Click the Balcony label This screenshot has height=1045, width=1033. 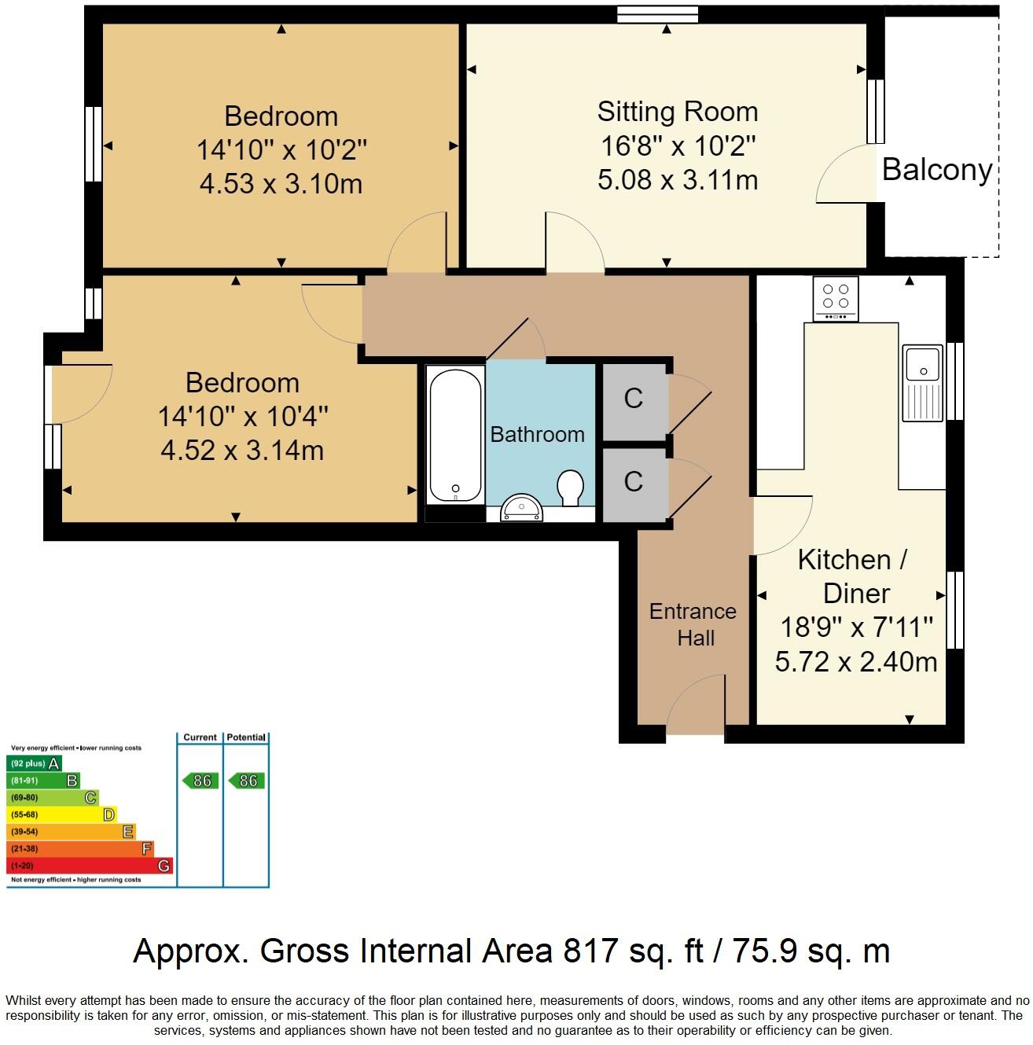[936, 169]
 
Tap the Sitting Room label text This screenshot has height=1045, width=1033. [677, 112]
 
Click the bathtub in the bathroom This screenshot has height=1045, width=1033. [455, 433]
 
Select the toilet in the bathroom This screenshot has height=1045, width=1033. [570, 488]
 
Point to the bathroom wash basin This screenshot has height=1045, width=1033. [522, 508]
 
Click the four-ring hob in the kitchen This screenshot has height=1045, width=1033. [836, 298]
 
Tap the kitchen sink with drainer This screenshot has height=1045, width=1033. [923, 382]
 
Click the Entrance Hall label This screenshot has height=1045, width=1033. [693, 624]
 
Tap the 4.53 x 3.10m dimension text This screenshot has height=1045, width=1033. [281, 184]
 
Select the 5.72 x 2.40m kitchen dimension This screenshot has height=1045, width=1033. [855, 662]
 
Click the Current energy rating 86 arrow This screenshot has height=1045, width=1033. [200, 781]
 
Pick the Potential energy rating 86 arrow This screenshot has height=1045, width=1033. [247, 781]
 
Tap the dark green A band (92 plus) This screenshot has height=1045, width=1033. [34, 764]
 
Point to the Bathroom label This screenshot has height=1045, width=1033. [538, 434]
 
